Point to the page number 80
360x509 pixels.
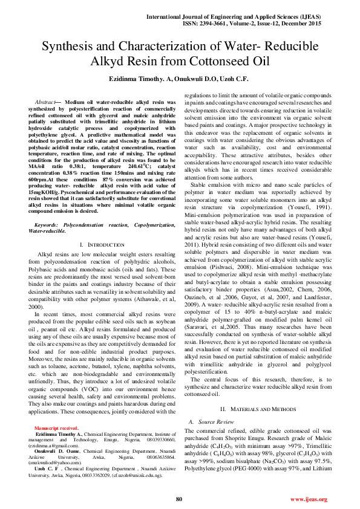[x=179, y=499]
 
